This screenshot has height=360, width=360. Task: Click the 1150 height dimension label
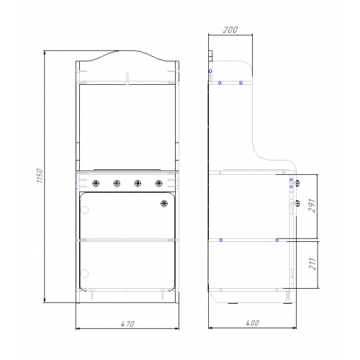coord(40,176)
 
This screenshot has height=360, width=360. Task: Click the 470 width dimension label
coord(127,324)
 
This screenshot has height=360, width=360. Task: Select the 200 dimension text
coord(230,30)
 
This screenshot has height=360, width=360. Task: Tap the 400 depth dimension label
coord(253,323)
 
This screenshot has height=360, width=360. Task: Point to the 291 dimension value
coord(312,205)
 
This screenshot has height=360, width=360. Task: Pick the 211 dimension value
coord(312,264)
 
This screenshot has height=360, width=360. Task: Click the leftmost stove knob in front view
coord(96,184)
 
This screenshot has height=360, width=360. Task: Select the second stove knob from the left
coord(117,184)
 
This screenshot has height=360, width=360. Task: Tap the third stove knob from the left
coord(138,184)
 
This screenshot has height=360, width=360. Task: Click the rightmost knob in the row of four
coord(158,184)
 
